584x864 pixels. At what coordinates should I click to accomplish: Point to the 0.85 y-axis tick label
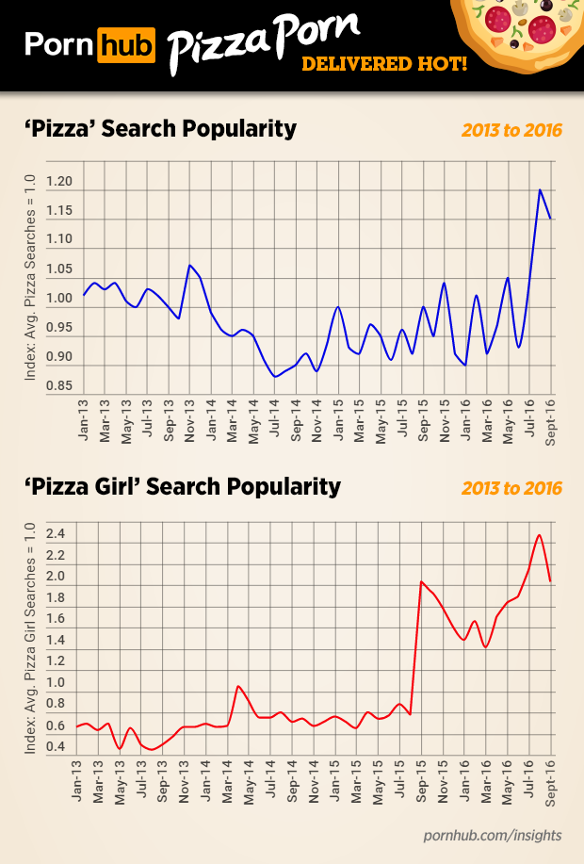point(59,386)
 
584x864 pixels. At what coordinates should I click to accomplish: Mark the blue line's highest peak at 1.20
point(540,189)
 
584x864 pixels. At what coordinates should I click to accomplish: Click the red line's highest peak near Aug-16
point(539,535)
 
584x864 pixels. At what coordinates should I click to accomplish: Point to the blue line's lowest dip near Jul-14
point(275,376)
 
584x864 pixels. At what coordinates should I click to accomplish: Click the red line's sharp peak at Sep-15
point(421,581)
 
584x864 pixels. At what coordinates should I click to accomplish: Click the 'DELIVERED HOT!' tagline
point(384,65)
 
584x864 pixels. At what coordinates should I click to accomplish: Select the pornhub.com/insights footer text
point(493,835)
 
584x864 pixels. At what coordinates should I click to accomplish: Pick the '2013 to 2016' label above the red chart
point(511,488)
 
